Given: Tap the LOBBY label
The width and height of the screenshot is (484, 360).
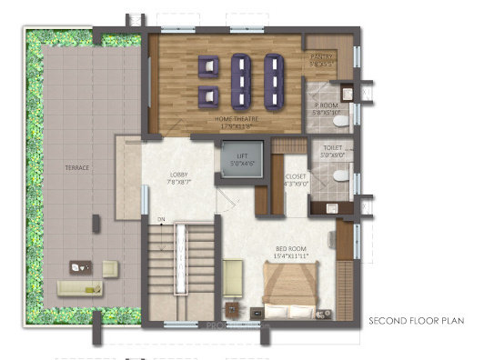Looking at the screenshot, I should (x=178, y=175).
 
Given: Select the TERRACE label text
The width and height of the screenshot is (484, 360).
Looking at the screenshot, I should (x=76, y=168).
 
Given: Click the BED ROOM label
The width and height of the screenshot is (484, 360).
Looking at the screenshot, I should (x=295, y=248).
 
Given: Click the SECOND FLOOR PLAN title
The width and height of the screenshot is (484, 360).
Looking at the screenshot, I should (x=416, y=321).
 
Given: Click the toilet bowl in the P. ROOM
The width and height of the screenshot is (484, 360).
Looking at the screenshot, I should (x=338, y=120).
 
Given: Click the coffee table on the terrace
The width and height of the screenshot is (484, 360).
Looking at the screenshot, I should (x=79, y=267).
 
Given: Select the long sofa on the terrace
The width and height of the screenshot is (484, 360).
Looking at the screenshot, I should (x=80, y=288).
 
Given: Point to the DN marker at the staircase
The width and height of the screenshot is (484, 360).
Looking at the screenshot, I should (x=161, y=219).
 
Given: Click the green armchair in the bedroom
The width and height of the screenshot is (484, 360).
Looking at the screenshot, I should (x=233, y=274).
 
